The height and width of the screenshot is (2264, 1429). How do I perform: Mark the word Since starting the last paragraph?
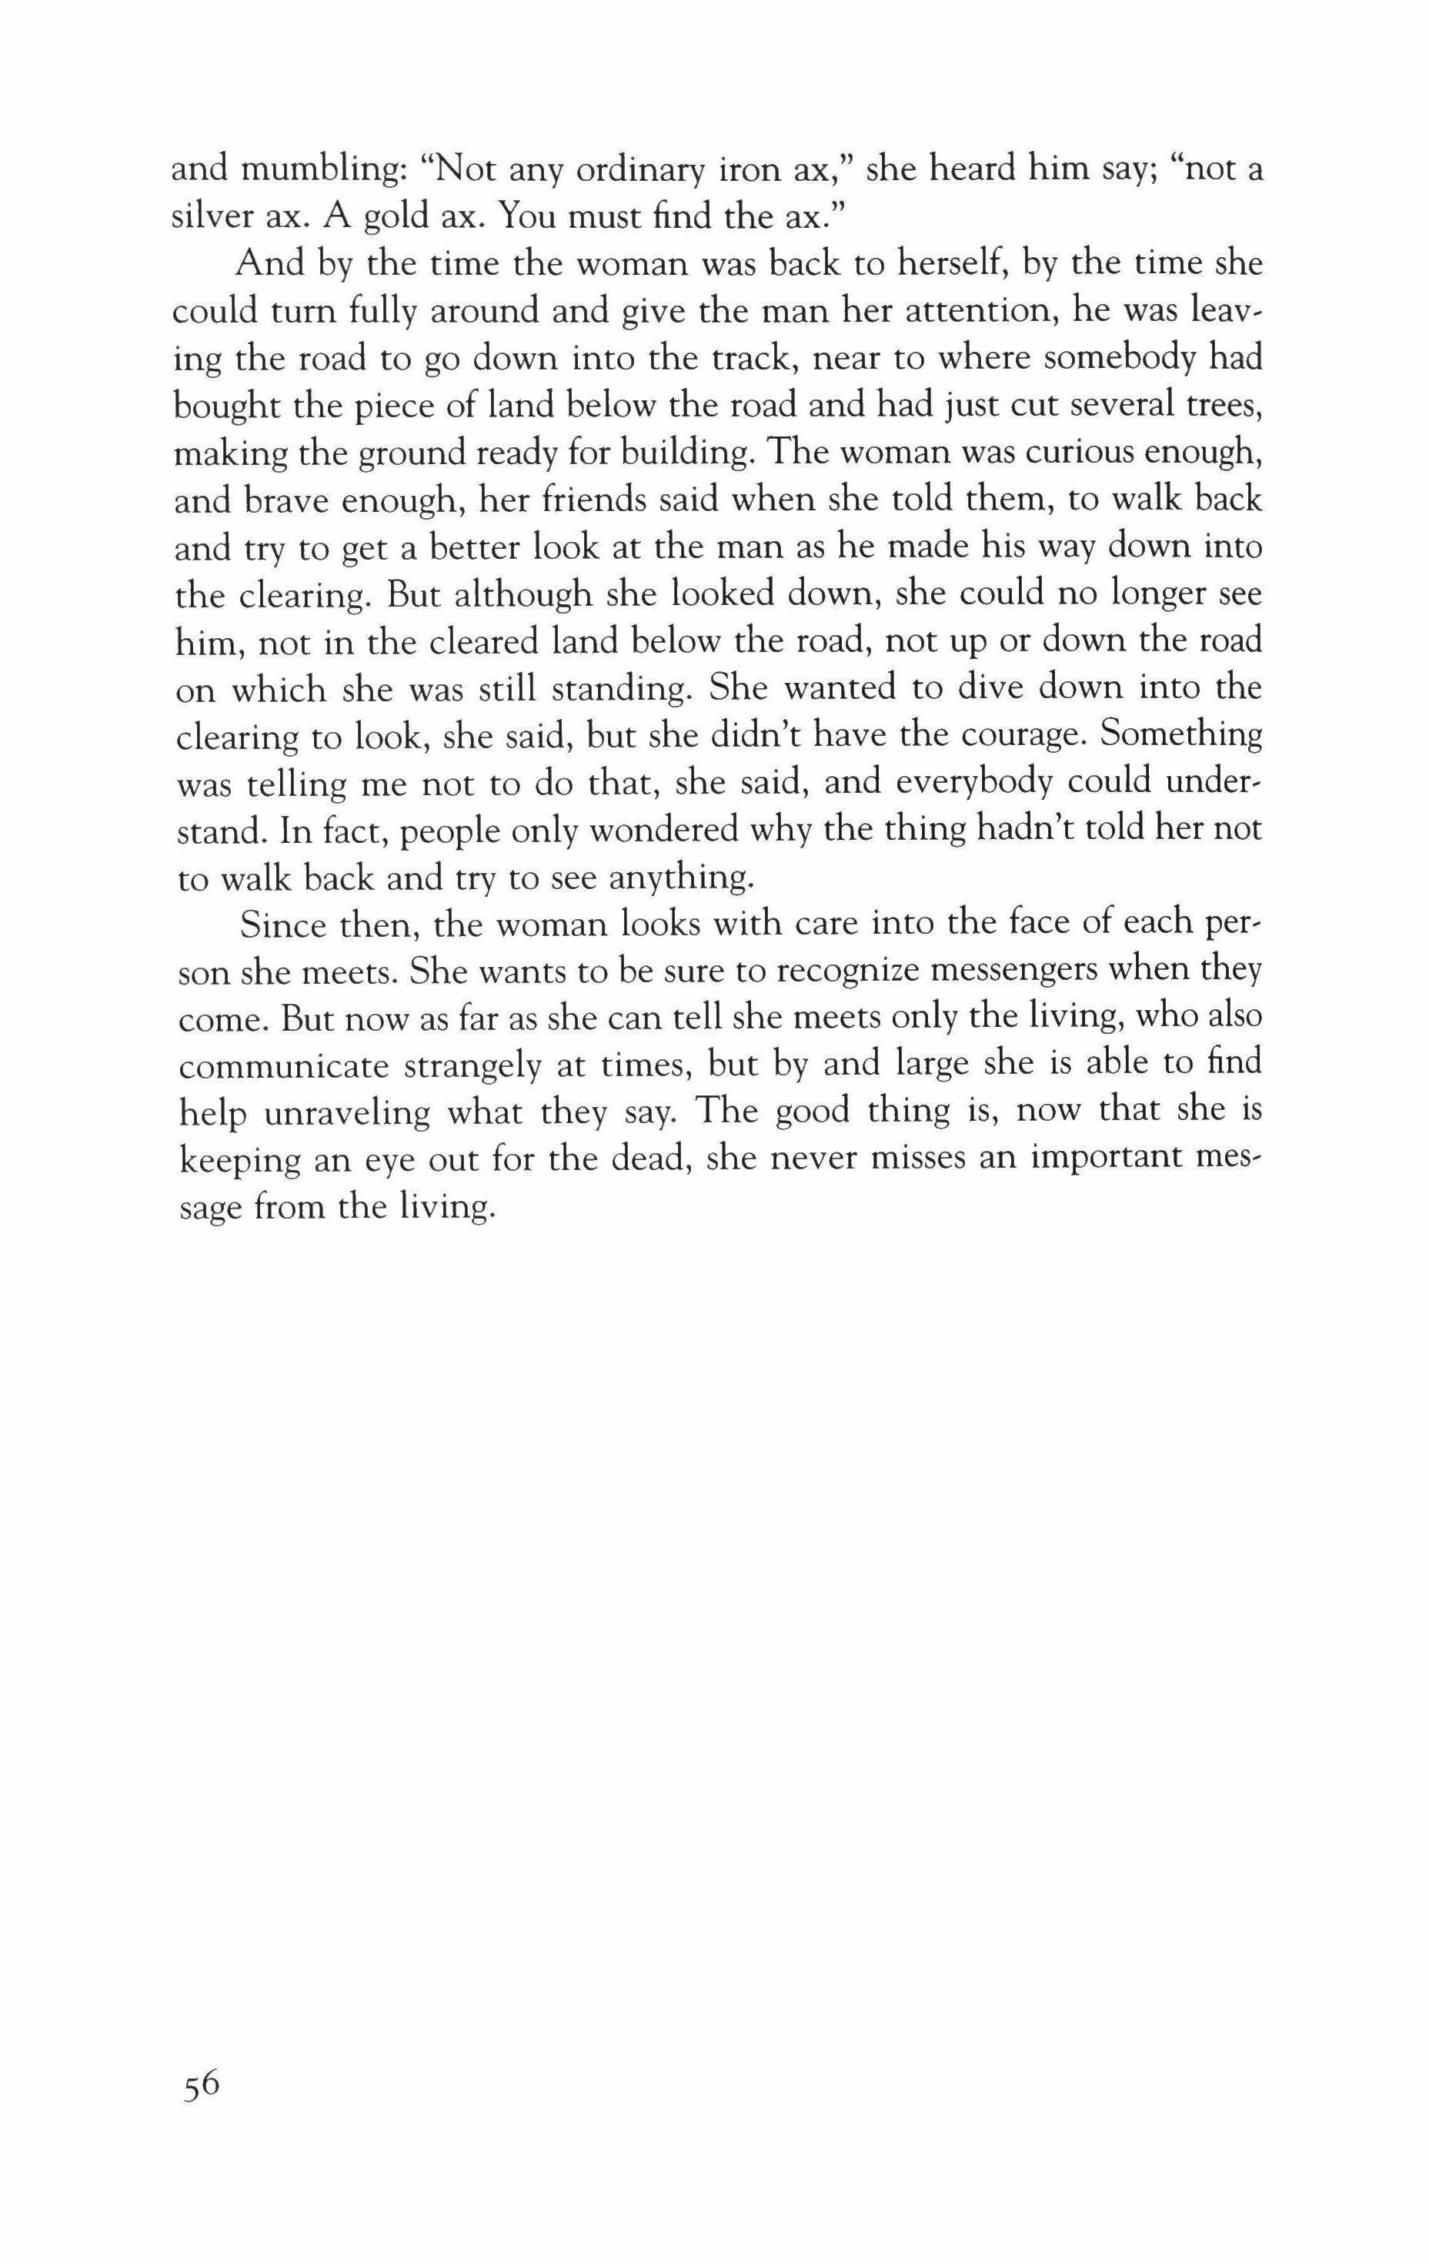pyautogui.click(x=284, y=925)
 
